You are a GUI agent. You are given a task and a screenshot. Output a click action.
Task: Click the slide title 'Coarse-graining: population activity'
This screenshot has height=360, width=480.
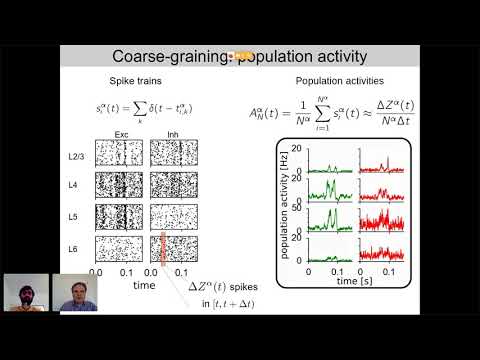tap(240, 59)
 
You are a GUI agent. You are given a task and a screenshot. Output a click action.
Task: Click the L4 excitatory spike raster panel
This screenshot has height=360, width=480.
tap(120, 184)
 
